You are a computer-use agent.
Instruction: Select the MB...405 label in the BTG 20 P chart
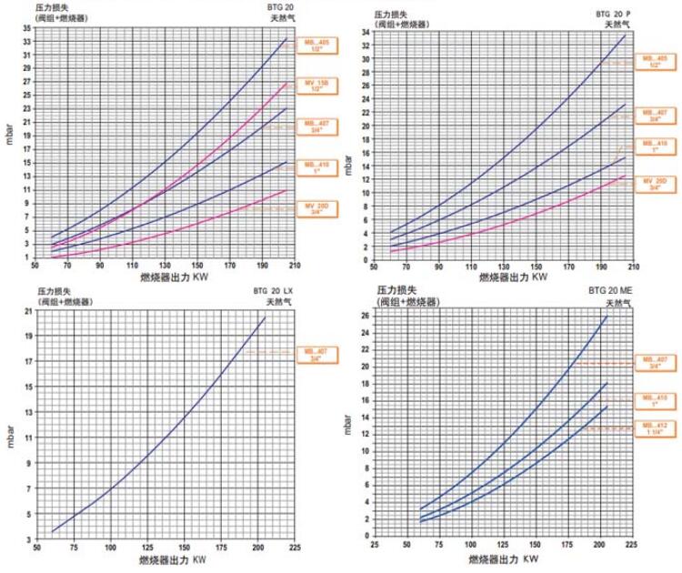[x=654, y=63]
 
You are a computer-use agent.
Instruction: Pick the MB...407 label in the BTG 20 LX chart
[x=316, y=352]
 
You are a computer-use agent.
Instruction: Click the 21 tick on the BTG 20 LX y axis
[x=28, y=311]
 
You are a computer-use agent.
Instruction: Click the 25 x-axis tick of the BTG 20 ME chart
[x=375, y=548]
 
